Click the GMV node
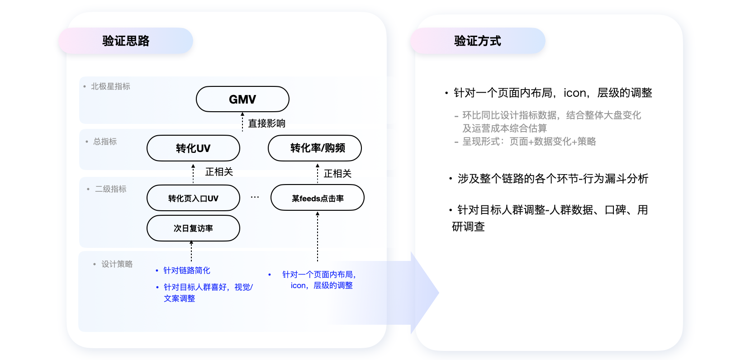tap(242, 99)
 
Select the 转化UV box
tap(193, 148)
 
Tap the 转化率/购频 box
tap(315, 148)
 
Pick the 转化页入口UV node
tap(193, 198)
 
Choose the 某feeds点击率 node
tap(318, 198)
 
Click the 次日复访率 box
tap(193, 228)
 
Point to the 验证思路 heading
tap(126, 41)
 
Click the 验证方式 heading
tap(478, 41)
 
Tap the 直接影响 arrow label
tap(266, 123)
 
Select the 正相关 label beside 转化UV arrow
tap(219, 172)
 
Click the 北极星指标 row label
tap(110, 86)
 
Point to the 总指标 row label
tap(105, 142)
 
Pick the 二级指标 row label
tap(110, 189)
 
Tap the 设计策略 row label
tap(117, 264)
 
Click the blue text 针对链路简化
tap(186, 270)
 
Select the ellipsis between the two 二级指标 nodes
tap(255, 197)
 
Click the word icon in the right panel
tap(575, 93)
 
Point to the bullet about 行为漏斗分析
tap(553, 179)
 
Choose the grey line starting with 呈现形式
tap(529, 142)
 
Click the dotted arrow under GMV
tap(242, 121)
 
